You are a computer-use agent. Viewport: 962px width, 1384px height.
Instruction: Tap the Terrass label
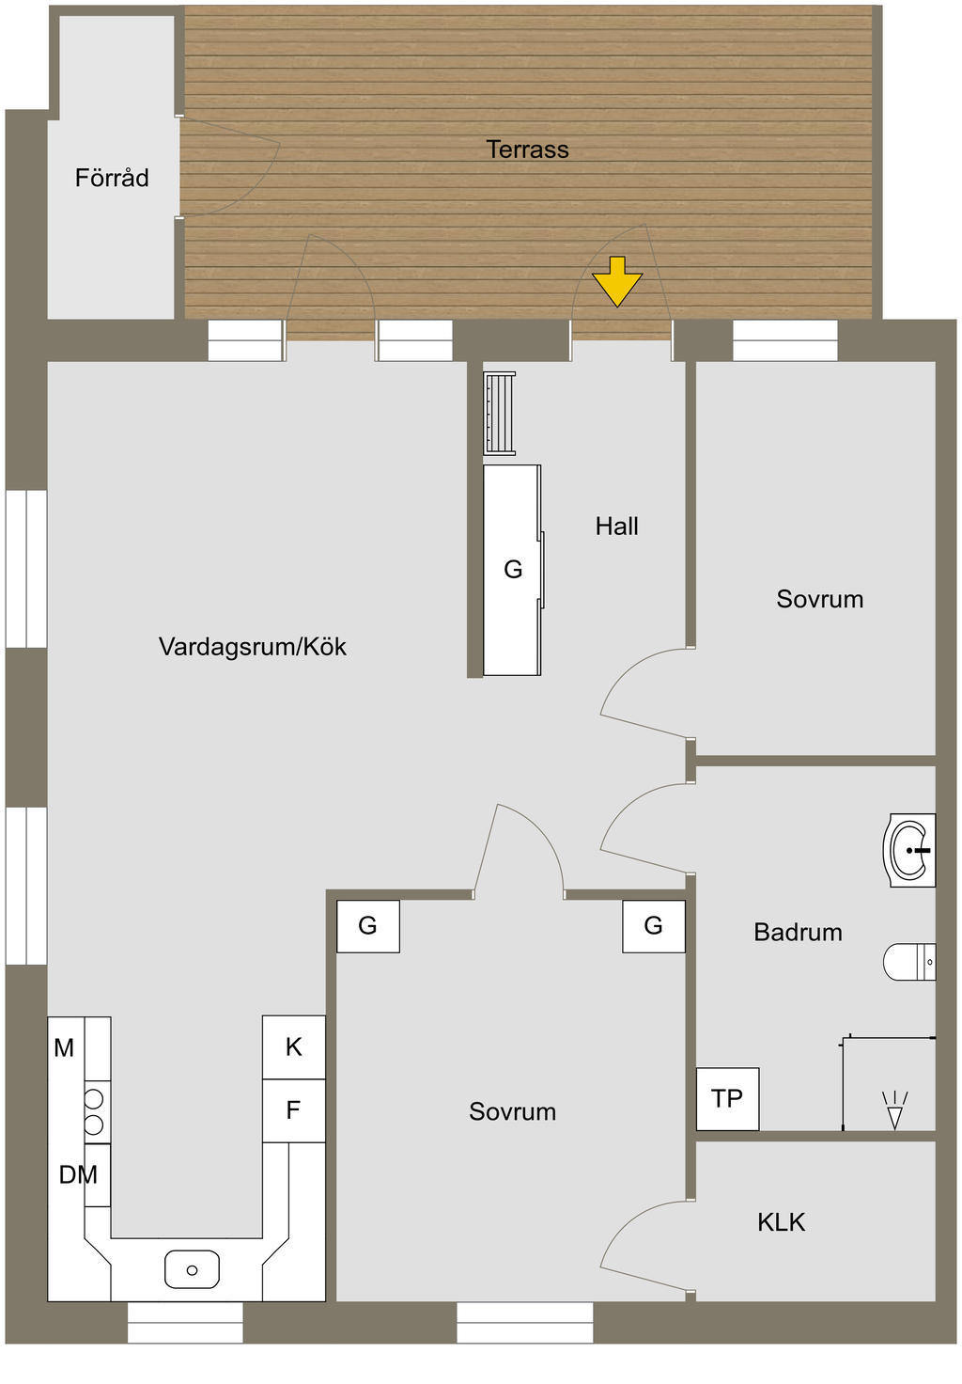point(527,149)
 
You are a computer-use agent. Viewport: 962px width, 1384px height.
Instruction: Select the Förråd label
point(112,178)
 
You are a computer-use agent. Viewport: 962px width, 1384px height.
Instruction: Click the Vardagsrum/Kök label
point(252,647)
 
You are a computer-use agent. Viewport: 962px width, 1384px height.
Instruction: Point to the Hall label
point(616,527)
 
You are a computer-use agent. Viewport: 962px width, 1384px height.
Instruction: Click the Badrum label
point(798,933)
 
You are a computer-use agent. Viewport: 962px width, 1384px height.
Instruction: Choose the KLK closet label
point(781,1222)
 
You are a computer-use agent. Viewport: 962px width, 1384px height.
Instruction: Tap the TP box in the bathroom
point(727,1099)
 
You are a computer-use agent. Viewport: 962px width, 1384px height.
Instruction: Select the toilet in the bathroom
point(910,962)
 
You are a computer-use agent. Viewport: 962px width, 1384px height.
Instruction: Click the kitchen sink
point(192,1269)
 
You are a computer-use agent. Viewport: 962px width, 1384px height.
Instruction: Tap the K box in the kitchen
point(294,1047)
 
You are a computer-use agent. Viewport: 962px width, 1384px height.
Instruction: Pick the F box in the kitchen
point(293,1110)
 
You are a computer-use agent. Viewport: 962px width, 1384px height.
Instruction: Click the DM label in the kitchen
point(78,1174)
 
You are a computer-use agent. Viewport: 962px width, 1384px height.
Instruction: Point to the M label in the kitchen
point(64,1047)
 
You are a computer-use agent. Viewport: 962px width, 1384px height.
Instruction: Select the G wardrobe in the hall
point(512,570)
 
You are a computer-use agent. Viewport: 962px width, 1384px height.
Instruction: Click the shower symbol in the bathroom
point(894,1110)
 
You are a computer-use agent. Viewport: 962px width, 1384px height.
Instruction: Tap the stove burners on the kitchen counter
point(95,1111)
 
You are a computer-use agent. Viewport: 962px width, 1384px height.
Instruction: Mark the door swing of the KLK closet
point(639,1241)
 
